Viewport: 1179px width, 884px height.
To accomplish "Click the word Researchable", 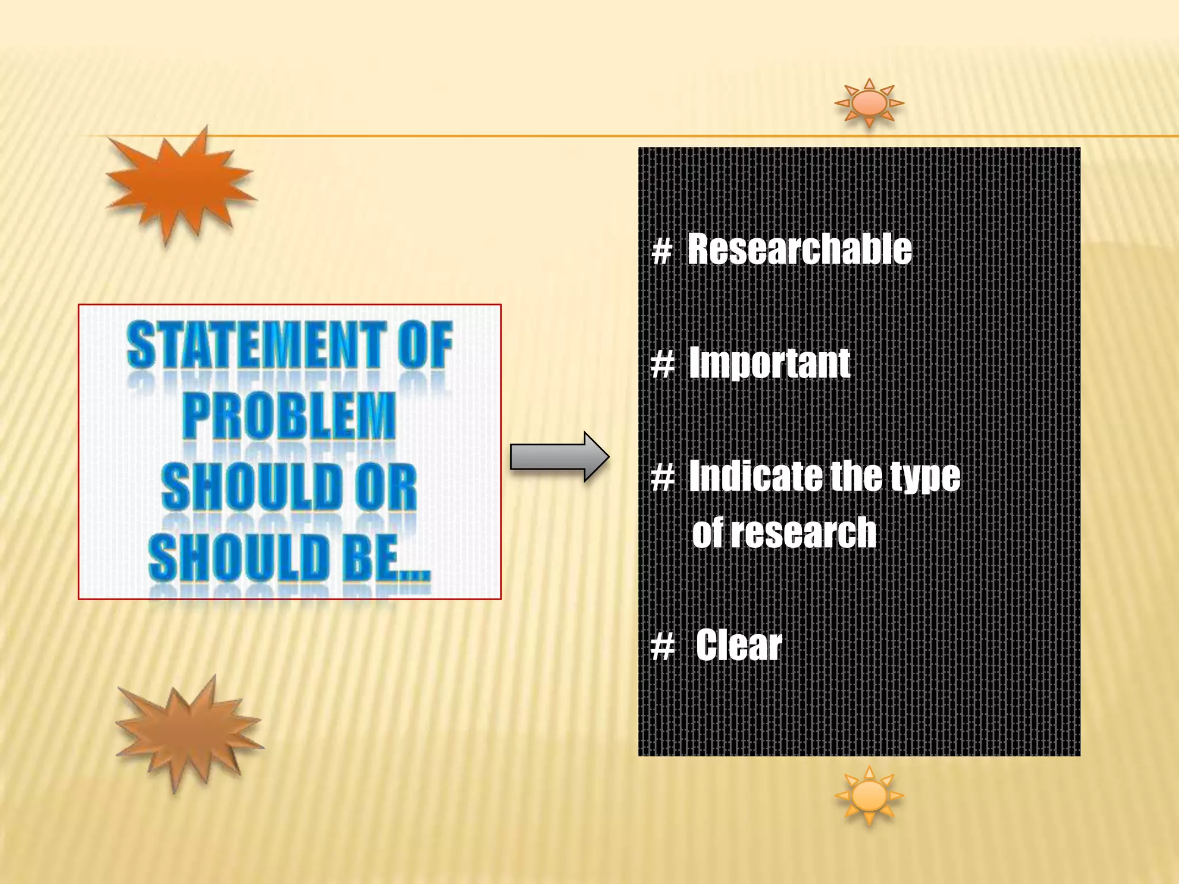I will click(x=800, y=249).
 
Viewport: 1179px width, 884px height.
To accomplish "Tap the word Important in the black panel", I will click(x=770, y=363).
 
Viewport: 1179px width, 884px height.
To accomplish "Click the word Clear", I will click(x=739, y=645).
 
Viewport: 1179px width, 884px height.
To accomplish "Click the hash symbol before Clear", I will click(x=663, y=646).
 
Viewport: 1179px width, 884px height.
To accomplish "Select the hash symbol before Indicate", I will click(x=663, y=477).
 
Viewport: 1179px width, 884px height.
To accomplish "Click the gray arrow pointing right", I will click(x=559, y=457).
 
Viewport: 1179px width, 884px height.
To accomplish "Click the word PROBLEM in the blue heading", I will click(x=290, y=416).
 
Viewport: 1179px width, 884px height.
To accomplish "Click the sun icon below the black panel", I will click(x=869, y=796).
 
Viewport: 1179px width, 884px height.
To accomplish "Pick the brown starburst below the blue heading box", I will click(x=189, y=732).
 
